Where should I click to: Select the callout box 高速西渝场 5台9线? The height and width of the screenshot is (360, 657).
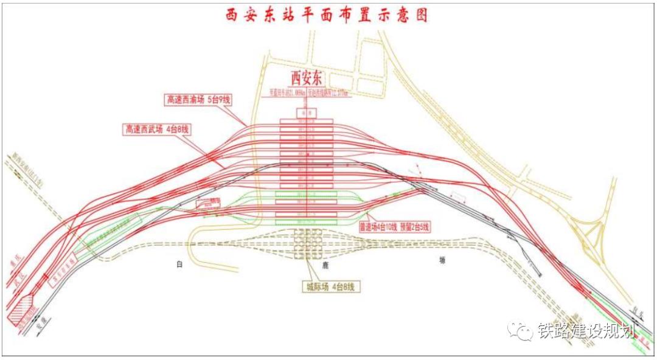[x=200, y=99]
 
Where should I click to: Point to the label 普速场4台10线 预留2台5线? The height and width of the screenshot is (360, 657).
[x=394, y=227]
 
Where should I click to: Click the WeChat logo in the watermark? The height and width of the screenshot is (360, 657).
[x=520, y=331]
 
